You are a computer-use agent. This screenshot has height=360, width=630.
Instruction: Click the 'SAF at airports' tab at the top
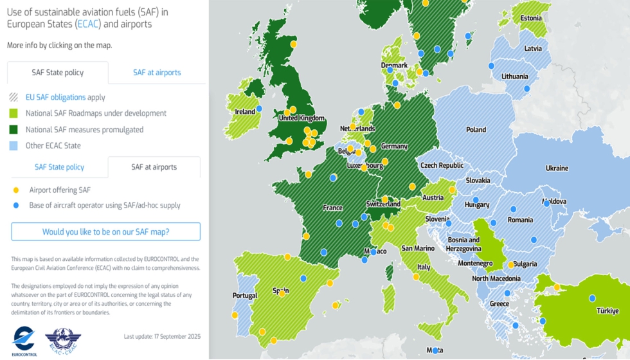[x=157, y=73]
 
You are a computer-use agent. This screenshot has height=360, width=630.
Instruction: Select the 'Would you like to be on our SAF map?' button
[x=105, y=231]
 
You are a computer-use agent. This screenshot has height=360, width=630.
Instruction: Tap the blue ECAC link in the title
[x=87, y=24]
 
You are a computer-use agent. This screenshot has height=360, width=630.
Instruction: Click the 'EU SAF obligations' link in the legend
[x=55, y=97]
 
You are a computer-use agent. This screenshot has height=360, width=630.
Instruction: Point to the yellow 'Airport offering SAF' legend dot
[x=16, y=190]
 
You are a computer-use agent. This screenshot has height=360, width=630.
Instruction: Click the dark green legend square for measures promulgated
[x=14, y=129]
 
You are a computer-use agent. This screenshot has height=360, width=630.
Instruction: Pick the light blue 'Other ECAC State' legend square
[x=14, y=145]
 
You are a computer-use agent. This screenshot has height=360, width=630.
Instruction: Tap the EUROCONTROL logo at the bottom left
[x=24, y=340]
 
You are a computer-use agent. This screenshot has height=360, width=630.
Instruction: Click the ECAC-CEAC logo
[x=63, y=340]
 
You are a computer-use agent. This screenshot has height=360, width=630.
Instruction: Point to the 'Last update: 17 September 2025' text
[x=162, y=336]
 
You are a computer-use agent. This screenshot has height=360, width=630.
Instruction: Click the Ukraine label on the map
[x=557, y=168]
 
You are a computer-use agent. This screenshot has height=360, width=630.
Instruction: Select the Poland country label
[x=476, y=130]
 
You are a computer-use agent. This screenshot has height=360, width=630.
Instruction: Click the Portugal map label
[x=245, y=296]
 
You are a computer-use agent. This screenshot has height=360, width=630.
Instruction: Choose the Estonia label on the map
[x=531, y=19]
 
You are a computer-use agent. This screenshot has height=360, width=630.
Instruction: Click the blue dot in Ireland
[x=259, y=109]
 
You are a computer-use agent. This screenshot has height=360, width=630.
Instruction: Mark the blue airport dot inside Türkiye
[x=592, y=298]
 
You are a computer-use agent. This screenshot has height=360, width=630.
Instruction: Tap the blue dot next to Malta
[x=435, y=350]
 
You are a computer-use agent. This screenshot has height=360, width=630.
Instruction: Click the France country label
[x=332, y=208]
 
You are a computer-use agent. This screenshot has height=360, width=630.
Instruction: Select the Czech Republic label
[x=442, y=165]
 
